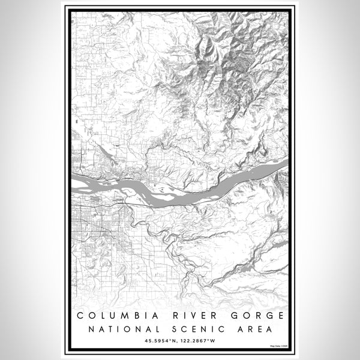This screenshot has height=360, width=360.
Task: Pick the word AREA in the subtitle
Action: tap(252, 329)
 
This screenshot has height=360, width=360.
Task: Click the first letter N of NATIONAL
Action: tap(91, 329)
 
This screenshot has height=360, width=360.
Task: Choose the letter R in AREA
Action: tap(247, 329)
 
